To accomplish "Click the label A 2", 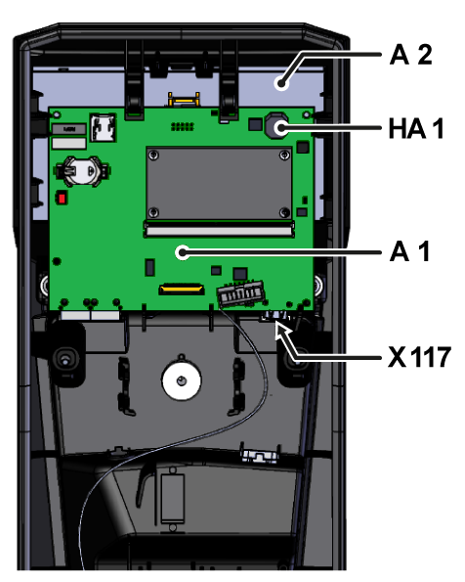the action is pyautogui.click(x=411, y=55).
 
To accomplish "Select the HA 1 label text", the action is pyautogui.click(x=416, y=128).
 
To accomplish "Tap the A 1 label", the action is pyautogui.click(x=409, y=251).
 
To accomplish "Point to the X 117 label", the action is pyautogui.click(x=419, y=357).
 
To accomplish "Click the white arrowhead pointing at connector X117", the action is pyautogui.click(x=281, y=330).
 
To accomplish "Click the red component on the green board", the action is pyautogui.click(x=62, y=198).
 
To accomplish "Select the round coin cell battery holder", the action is pyautogui.click(x=82, y=171).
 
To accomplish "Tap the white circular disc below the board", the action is pyautogui.click(x=182, y=381).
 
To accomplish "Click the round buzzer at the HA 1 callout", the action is pyautogui.click(x=275, y=126).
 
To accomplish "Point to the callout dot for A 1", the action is pyautogui.click(x=183, y=252).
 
